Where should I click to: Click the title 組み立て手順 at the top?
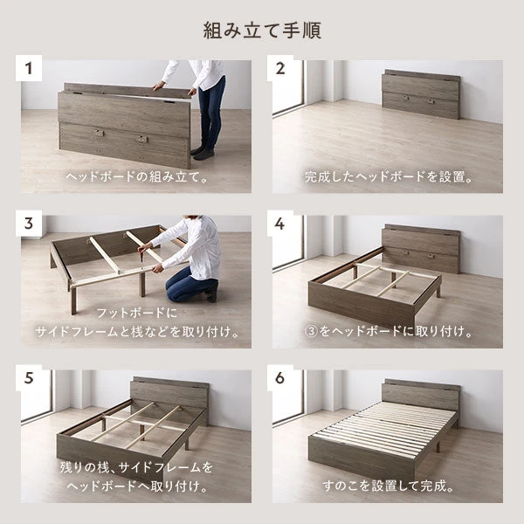pos(262,31)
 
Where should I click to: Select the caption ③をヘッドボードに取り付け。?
pos(387,332)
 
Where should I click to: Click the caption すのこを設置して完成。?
pos(387,486)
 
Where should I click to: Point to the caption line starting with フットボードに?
pos(136,313)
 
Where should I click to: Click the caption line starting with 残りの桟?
pos(136,468)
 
